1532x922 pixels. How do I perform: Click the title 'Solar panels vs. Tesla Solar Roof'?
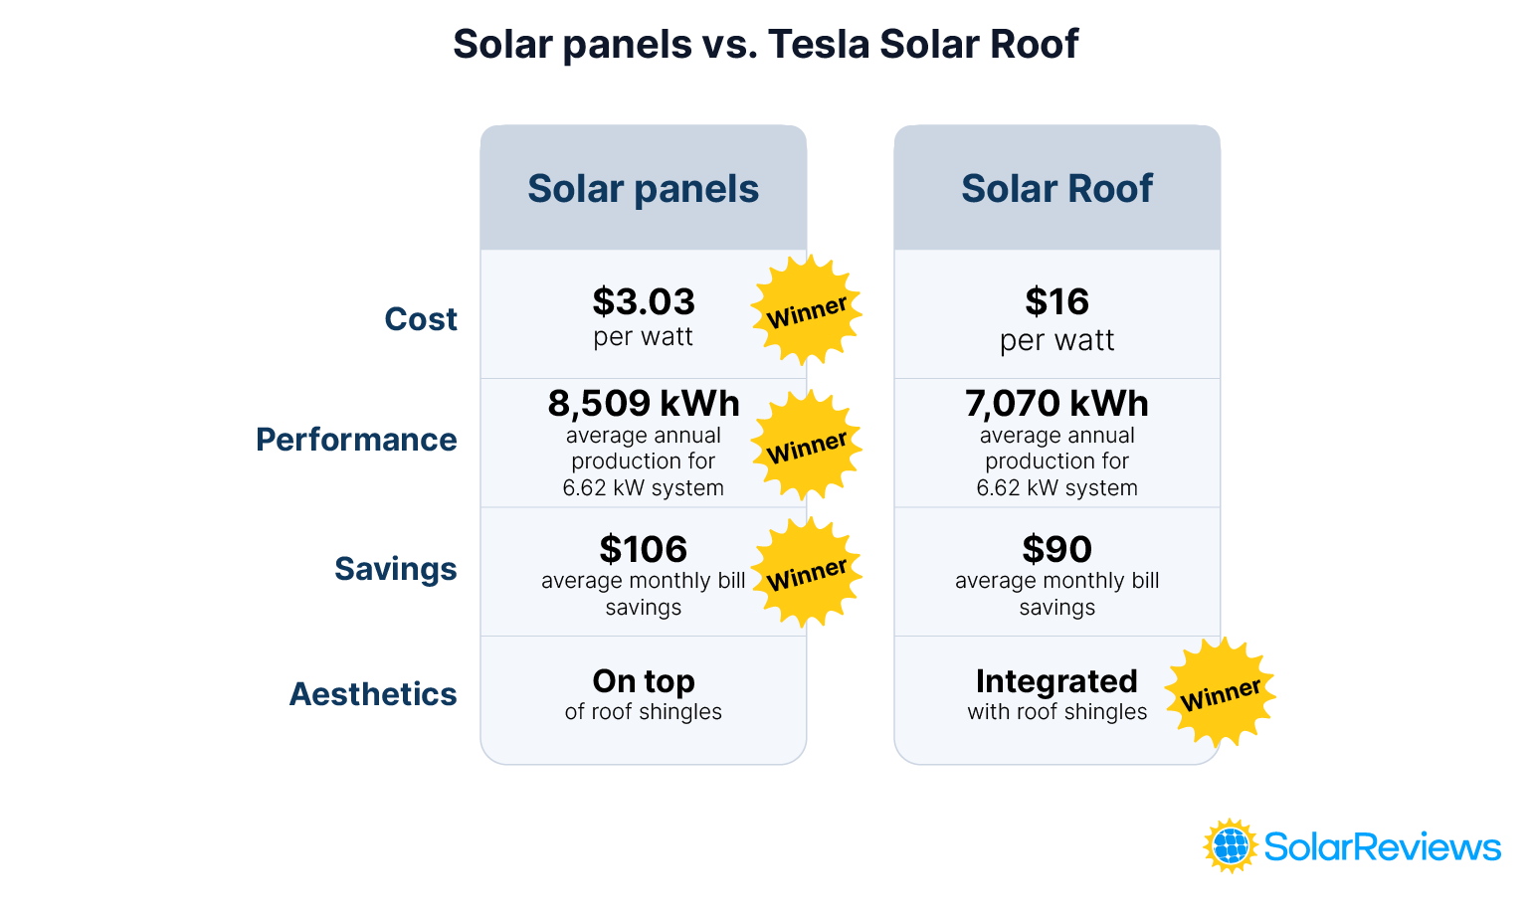coord(765,44)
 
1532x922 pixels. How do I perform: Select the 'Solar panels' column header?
coord(643,188)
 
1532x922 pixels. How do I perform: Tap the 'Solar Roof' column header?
coord(1056,188)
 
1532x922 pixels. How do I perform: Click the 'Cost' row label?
coord(421,319)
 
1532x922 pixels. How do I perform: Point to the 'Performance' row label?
coord(356,440)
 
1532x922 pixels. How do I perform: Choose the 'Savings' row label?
coord(395,569)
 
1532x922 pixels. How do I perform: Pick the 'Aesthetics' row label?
coord(373,694)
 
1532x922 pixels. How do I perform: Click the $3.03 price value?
coord(643,301)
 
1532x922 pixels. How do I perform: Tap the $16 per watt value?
coord(1056,301)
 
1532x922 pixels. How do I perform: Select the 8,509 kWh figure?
coord(643,404)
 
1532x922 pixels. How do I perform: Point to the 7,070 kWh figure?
coord(1056,404)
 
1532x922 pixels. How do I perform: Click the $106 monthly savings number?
coord(643,549)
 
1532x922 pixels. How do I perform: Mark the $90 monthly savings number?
coord(1056,549)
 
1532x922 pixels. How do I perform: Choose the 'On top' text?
coord(643,681)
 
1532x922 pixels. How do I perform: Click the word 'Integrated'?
coord(1056,681)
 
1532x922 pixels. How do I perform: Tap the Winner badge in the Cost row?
coord(806,311)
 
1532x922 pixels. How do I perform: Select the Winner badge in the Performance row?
coord(806,446)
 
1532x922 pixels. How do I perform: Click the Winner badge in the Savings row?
coord(806,573)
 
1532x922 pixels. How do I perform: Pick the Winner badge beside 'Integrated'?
coord(1220,693)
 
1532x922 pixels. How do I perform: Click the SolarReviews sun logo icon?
coord(1231,846)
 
